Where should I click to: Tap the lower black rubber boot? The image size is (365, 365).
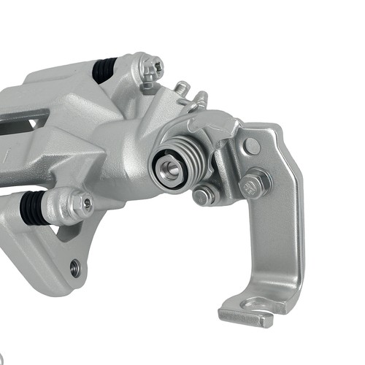33,208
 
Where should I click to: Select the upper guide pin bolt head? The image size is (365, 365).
152,69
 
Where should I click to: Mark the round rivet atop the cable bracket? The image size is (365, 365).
252,145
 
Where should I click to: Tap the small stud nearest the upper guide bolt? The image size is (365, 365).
182,88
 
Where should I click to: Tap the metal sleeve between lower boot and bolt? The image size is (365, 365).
58,207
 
